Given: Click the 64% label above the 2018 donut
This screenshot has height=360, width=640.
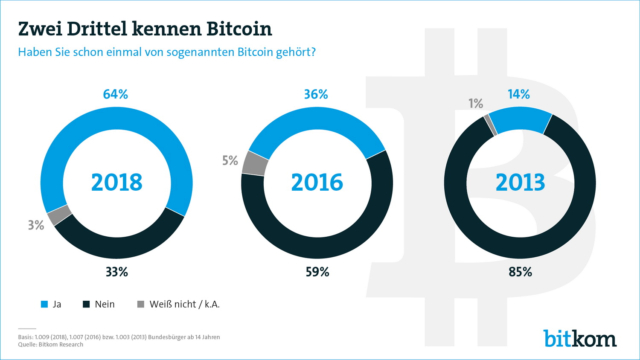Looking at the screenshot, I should (x=116, y=94).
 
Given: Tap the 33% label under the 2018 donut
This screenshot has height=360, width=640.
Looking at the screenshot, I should (x=117, y=272).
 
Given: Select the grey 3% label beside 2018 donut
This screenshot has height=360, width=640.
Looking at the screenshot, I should (x=36, y=225).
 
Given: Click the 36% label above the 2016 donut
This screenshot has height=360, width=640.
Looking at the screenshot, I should (x=316, y=94).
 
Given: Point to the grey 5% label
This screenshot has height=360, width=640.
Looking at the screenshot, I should (x=230, y=160).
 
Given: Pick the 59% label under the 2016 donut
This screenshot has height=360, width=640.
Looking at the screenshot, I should (x=317, y=272).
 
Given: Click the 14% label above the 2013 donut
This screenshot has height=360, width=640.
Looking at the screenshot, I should (x=519, y=94).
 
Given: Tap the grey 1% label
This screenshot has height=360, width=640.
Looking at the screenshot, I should (x=476, y=103).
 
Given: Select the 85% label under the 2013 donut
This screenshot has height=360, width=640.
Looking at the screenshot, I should (x=521, y=272).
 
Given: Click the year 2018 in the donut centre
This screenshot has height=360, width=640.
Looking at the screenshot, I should (x=117, y=183).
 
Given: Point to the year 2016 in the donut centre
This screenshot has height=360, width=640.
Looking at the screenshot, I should (x=317, y=183).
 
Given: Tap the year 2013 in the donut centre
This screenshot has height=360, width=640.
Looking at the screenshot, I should (x=521, y=183).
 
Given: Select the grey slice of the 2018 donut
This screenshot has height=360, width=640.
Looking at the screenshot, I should (x=59, y=215).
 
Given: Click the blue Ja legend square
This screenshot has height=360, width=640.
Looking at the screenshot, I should (x=44, y=304).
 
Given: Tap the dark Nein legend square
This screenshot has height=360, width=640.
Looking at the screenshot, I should (x=86, y=304).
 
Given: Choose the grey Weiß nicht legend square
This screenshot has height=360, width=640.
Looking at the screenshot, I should (x=141, y=304).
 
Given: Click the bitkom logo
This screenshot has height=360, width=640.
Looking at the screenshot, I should (x=580, y=339).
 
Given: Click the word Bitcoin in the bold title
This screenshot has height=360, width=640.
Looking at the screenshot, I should (x=239, y=29).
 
